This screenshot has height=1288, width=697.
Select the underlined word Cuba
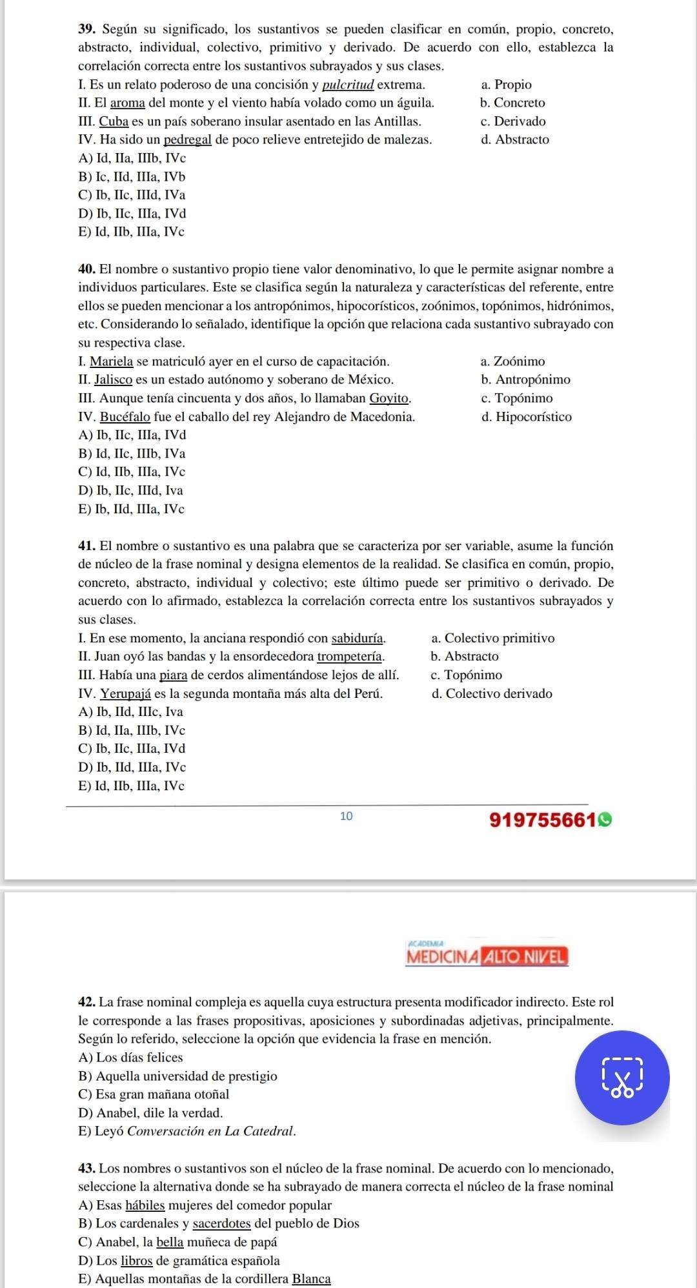coord(114,121)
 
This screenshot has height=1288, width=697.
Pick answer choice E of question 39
coord(131,231)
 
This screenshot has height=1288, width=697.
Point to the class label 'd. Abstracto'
coord(515,139)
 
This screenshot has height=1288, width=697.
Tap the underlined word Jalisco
coord(114,380)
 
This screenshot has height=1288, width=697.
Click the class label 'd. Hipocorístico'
coord(526,416)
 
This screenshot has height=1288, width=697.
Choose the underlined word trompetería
coord(351,657)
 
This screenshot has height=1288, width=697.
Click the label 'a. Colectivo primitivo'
coord(492,639)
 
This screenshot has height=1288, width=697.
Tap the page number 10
coord(347,816)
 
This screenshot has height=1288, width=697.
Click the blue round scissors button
coord(622,1078)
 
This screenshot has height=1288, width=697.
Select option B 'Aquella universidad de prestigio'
coord(177,1076)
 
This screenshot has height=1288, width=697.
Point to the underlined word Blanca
coord(311,1278)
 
